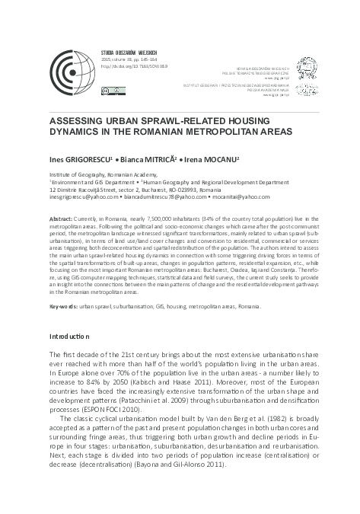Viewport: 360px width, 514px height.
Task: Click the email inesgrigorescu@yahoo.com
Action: (79, 197)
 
